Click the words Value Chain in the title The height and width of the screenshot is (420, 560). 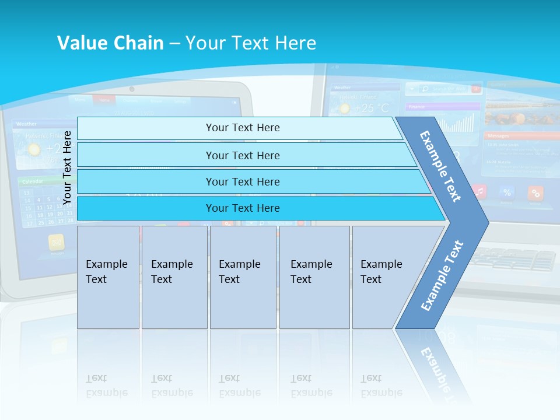click(x=110, y=43)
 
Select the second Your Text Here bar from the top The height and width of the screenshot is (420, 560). click(x=243, y=155)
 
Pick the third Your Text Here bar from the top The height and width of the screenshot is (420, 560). click(x=243, y=181)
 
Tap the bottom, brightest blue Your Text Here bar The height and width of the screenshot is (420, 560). click(x=243, y=208)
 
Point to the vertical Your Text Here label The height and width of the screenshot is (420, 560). click(x=67, y=167)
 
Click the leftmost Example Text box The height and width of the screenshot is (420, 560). click(x=108, y=276)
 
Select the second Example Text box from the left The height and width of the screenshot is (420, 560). click(x=174, y=276)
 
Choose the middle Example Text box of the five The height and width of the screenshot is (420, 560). click(x=243, y=276)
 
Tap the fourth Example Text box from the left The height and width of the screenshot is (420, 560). click(x=314, y=276)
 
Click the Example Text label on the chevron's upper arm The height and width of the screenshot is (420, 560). click(x=441, y=166)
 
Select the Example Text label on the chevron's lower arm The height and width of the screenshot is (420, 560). click(x=442, y=276)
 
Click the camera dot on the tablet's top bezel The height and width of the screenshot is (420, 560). click(x=132, y=89)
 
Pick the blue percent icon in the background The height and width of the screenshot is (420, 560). click(x=507, y=192)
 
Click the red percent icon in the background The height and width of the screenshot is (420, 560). click(x=535, y=192)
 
